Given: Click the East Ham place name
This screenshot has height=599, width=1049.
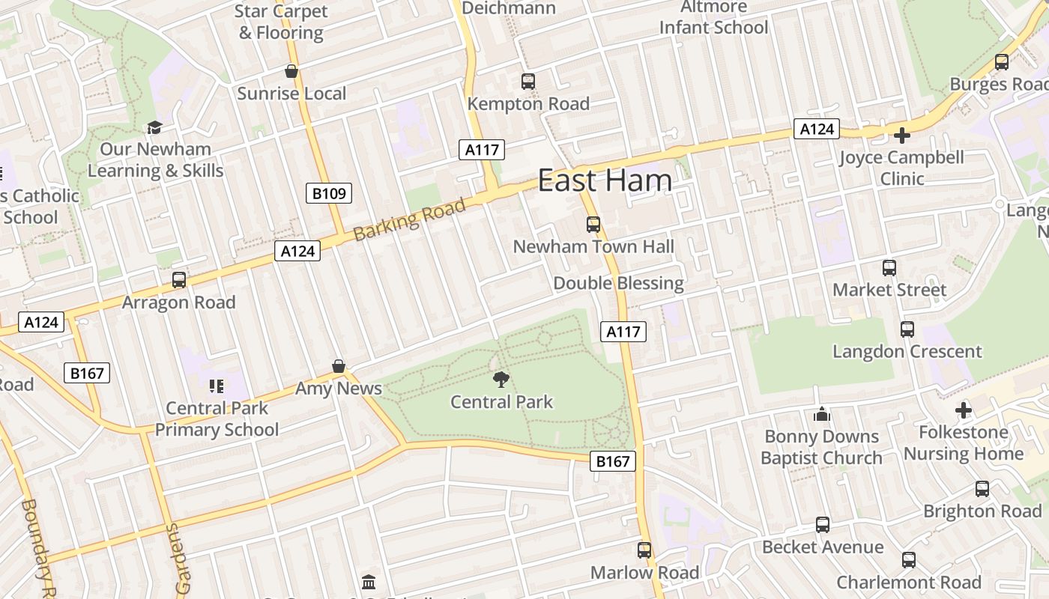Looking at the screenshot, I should (x=605, y=180).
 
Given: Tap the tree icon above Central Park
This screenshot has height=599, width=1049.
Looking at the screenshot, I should (x=501, y=380).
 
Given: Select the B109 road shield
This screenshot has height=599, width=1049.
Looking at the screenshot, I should (x=329, y=194).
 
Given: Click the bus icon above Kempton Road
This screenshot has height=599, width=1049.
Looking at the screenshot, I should (x=528, y=82).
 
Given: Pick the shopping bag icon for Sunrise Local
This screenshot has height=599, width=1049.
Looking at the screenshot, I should (x=291, y=71).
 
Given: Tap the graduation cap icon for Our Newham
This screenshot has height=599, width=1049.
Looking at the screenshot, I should (x=154, y=127).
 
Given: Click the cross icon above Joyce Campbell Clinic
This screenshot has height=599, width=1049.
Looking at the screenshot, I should (x=902, y=136).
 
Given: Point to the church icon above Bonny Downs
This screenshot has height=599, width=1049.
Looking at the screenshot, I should (x=822, y=414).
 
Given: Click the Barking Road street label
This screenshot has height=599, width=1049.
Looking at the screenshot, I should (x=409, y=218).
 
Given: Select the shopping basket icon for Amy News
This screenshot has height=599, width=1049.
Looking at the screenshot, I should (x=339, y=366).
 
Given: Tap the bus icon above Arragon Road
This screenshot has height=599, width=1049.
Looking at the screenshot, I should (x=178, y=280).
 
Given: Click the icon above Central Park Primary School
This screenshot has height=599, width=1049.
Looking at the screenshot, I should (x=217, y=386).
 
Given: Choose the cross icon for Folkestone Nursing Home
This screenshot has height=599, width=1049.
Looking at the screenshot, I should (x=964, y=410).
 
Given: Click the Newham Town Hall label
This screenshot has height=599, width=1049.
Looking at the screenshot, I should (x=593, y=246).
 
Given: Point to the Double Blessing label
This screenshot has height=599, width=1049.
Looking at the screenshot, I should (x=618, y=283).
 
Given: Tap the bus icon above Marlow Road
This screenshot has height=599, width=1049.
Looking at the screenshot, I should (x=644, y=550).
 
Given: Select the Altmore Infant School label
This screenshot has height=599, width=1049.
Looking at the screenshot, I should (x=713, y=17).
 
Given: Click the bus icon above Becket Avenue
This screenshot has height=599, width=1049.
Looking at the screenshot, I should (x=823, y=525).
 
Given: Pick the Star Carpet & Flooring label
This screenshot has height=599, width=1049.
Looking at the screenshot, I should (x=281, y=22).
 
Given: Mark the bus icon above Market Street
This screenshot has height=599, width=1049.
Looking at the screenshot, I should (x=889, y=267).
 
